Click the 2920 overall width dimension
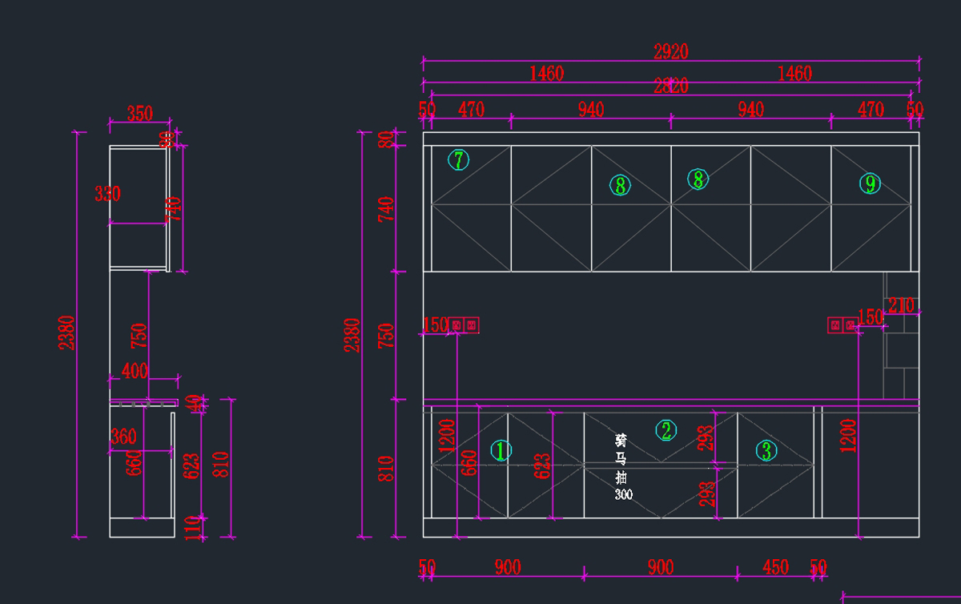point(671,52)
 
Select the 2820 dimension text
point(671,87)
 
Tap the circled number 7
point(458,160)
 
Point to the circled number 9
point(870,184)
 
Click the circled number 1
point(501,451)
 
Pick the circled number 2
point(666,431)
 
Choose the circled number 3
point(766,451)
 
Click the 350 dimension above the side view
point(139,114)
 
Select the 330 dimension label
point(107,194)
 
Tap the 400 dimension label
point(135,371)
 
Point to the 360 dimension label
point(123,437)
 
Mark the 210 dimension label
point(901,306)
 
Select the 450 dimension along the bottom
point(775,568)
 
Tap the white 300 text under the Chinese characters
point(623,495)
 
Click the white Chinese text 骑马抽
point(621,458)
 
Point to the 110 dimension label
point(193,527)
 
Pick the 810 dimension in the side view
point(222,465)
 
